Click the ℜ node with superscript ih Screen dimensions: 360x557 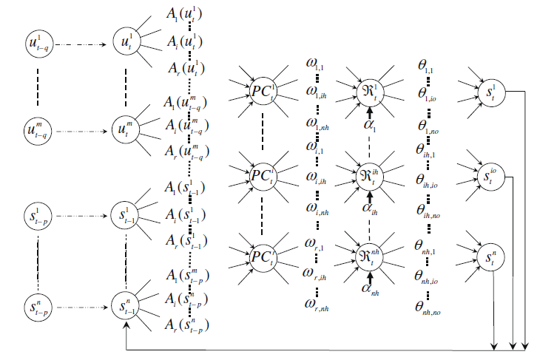[x=368, y=175]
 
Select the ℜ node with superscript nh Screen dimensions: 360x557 [x=368, y=254]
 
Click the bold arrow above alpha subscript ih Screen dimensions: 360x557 [x=368, y=195]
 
